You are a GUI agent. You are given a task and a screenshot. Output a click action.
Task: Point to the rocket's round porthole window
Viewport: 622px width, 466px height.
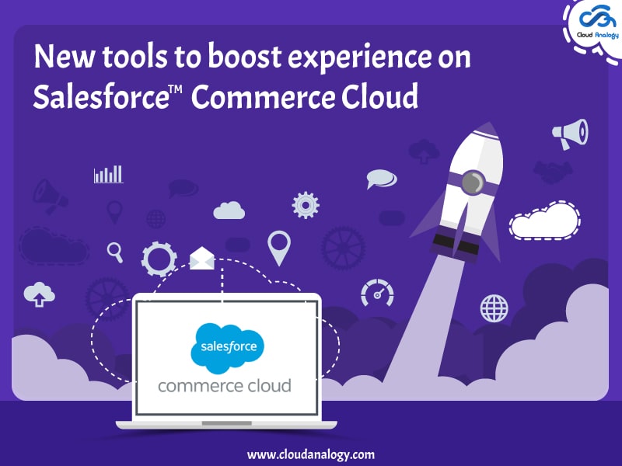tap(470, 183)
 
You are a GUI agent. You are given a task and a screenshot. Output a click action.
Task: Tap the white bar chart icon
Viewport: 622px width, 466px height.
tap(108, 174)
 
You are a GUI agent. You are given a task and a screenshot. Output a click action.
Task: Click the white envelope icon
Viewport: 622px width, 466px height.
tap(201, 258)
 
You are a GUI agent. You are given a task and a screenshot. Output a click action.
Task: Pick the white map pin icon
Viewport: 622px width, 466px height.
tap(278, 247)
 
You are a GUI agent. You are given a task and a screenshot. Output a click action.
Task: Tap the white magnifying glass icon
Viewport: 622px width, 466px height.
tap(116, 252)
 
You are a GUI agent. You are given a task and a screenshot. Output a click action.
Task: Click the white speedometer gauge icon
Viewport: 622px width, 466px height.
tap(377, 293)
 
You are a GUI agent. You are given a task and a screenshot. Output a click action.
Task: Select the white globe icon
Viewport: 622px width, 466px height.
tap(494, 308)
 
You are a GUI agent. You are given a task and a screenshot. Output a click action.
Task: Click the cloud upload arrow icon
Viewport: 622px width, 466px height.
tap(40, 294)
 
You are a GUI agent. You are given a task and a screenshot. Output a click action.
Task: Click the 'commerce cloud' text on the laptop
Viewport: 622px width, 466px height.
tap(225, 385)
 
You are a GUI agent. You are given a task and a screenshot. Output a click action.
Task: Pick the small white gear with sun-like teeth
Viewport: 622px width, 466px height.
tap(306, 204)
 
